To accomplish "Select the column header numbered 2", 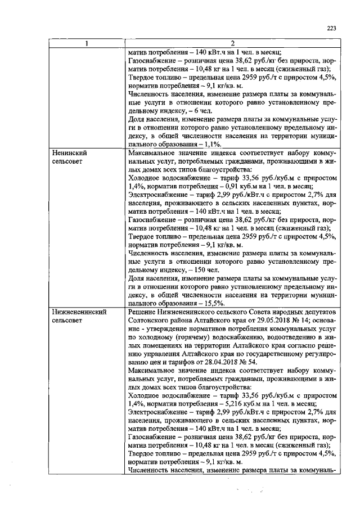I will pyautogui.click(x=232, y=44).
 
